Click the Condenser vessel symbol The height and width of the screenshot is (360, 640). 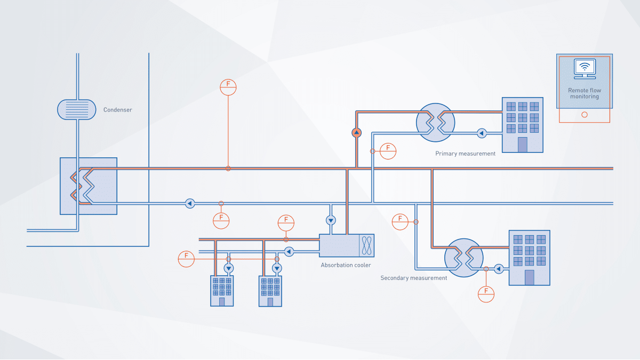77,109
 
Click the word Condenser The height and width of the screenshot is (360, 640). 117,110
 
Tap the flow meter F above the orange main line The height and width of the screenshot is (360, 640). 228,87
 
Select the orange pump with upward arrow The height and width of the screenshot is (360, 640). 357,132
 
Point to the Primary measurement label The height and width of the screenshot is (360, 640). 465,154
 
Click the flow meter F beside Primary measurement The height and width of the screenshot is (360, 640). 388,151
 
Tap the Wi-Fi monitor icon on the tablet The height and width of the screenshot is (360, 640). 585,68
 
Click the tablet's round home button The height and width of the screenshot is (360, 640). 585,115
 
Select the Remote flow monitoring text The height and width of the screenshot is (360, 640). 585,93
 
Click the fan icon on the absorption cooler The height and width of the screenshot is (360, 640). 367,245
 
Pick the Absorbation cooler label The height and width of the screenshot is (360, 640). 346,265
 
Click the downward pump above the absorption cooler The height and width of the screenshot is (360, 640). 331,220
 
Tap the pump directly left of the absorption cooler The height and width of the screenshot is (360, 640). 289,251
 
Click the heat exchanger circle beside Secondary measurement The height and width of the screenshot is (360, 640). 463,258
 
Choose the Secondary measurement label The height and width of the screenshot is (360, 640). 414,278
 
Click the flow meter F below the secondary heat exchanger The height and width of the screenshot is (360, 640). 486,294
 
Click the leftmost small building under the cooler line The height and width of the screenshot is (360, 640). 222,291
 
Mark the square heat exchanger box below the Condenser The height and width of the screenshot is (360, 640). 89,186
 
